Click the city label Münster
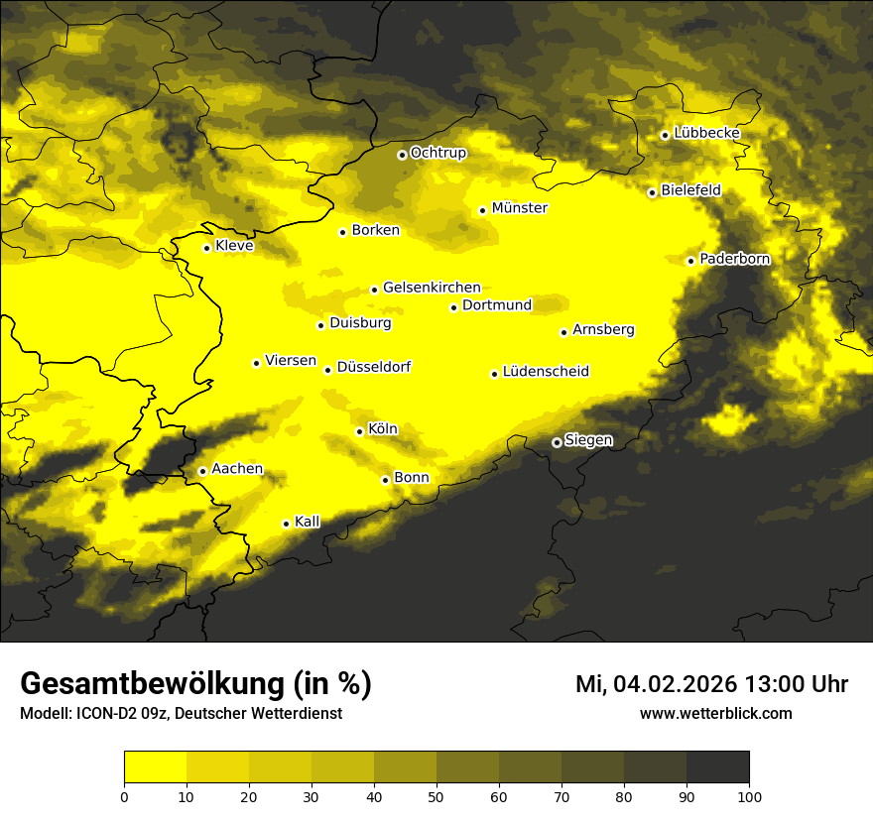[x=519, y=208]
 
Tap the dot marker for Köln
[x=359, y=431]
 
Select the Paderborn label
[x=735, y=259]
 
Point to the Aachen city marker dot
[x=202, y=471]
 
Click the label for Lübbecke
[x=706, y=133]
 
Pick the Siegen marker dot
[x=557, y=442]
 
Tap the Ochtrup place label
[x=438, y=153]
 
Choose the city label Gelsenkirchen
[x=432, y=288]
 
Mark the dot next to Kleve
[x=206, y=248]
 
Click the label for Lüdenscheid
[x=546, y=372]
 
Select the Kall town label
[x=308, y=522]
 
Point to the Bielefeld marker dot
[x=652, y=192]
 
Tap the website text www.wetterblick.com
[x=716, y=713]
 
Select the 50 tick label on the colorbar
[x=436, y=795]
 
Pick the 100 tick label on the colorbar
[x=749, y=795]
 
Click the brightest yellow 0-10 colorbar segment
[x=156, y=766]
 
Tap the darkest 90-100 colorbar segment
[x=717, y=766]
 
